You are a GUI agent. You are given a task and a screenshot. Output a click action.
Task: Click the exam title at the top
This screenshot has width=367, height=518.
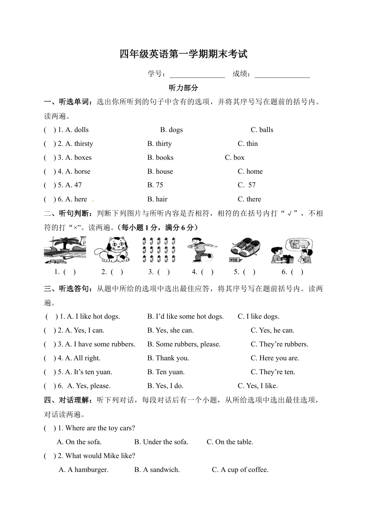(x=183, y=54)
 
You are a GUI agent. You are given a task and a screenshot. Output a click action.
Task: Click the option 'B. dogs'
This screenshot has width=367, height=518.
(x=171, y=130)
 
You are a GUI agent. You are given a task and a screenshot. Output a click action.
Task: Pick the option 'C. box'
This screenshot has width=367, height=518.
(x=235, y=158)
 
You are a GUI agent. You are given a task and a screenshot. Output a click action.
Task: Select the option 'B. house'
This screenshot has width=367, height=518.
(x=160, y=172)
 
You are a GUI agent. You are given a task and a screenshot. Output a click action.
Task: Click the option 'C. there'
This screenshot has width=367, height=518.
(x=249, y=199)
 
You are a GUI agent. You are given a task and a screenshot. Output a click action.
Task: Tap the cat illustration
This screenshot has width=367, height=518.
(x=112, y=250)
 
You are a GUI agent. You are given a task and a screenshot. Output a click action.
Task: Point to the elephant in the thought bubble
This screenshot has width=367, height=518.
(x=299, y=244)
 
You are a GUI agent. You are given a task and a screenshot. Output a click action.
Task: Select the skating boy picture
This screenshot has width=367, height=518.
(x=201, y=250)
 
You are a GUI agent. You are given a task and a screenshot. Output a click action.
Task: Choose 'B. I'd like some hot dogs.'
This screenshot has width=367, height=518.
(x=185, y=317)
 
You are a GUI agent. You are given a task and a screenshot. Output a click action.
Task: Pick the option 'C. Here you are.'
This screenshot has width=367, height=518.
(x=275, y=358)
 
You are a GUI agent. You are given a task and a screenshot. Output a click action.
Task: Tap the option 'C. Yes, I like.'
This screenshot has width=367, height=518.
(x=258, y=386)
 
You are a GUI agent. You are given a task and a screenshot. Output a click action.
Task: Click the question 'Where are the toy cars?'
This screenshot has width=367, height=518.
(x=100, y=428)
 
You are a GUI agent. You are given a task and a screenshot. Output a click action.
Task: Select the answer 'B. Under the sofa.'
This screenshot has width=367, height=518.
(x=161, y=442)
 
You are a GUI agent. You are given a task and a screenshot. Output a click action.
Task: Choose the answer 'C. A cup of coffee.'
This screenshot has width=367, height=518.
(x=240, y=470)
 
